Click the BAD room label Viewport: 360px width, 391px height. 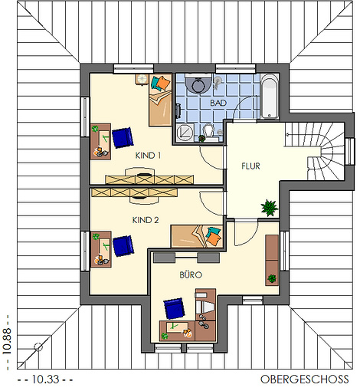218,103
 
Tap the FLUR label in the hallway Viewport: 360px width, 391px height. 250,166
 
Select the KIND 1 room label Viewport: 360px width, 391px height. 148,156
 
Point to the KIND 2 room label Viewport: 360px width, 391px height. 146,220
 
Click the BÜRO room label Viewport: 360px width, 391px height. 191,275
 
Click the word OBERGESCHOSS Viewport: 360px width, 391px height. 305,379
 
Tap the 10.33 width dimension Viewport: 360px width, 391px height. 45,379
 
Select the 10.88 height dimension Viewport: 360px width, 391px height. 7,341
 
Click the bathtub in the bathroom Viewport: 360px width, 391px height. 270,97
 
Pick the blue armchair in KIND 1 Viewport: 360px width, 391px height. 123,137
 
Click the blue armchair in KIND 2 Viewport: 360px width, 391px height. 123,246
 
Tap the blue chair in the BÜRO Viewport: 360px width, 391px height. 174,308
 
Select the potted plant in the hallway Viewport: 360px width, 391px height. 270,208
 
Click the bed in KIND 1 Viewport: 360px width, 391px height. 160,100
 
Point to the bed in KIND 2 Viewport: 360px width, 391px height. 197,236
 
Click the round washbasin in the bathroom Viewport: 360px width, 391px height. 198,83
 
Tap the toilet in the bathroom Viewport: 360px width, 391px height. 208,131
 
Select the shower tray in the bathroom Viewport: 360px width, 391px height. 185,132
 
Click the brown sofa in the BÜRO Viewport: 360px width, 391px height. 272,260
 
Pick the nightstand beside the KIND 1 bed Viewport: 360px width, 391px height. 142,79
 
